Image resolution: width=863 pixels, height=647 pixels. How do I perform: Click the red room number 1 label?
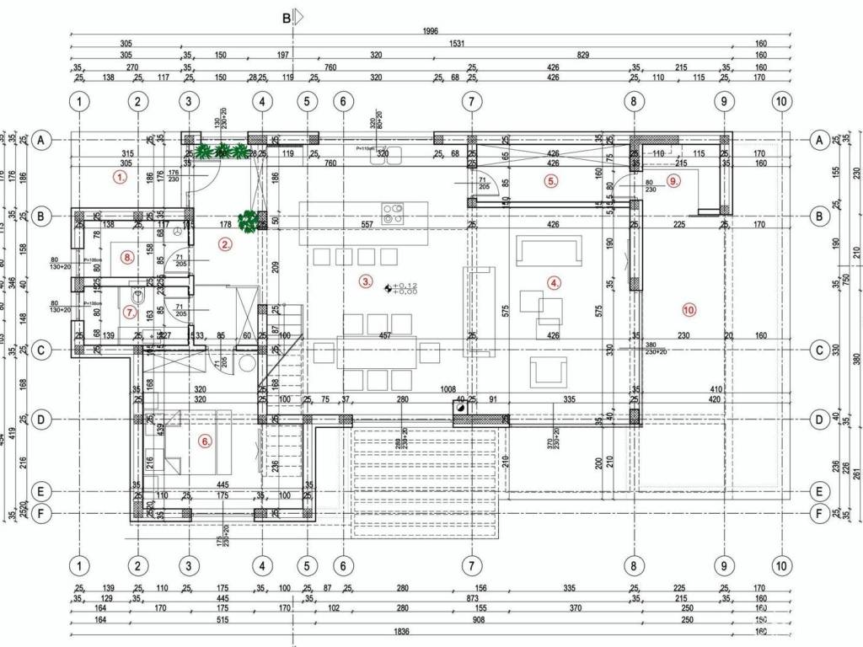(x=121, y=178)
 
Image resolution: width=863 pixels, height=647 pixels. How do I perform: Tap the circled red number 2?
(x=225, y=245)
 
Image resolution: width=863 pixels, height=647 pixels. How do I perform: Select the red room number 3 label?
(x=365, y=281)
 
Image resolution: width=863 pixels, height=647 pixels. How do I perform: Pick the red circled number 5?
(x=551, y=181)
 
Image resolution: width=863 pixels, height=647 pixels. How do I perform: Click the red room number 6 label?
(x=205, y=440)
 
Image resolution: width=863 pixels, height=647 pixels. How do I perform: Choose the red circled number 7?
(x=129, y=312)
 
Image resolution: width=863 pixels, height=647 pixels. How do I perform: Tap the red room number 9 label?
(x=673, y=180)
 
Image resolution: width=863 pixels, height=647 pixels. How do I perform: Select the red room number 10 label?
(x=689, y=310)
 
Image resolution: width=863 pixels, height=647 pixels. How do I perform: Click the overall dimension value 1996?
(x=431, y=32)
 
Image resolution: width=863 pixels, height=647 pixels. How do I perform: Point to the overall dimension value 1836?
(x=401, y=631)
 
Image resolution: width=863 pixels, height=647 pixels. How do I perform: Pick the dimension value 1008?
(x=448, y=389)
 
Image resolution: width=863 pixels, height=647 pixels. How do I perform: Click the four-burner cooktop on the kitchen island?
(x=393, y=212)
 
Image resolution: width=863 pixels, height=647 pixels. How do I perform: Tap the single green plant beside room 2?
(x=248, y=221)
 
